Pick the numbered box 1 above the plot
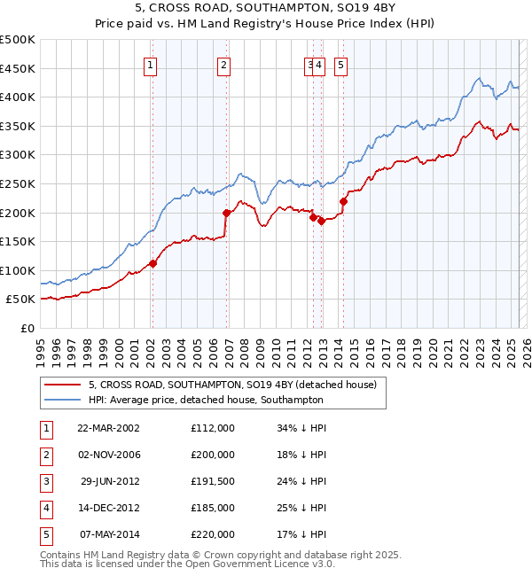click(151, 64)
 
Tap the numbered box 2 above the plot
click(223, 64)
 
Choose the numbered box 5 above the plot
click(341, 64)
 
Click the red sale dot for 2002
click(153, 263)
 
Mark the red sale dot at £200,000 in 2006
click(226, 213)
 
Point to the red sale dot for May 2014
click(343, 201)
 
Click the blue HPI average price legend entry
click(205, 400)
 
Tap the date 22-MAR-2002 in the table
click(108, 428)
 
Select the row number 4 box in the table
click(45, 508)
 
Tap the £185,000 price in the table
click(213, 508)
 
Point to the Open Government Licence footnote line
click(188, 564)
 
